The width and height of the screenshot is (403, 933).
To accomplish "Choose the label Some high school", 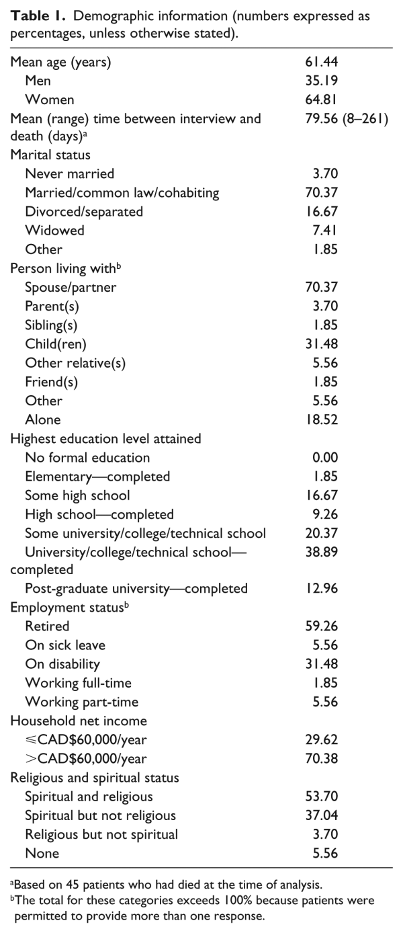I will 77,495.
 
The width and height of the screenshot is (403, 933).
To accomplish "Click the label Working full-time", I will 78,683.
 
